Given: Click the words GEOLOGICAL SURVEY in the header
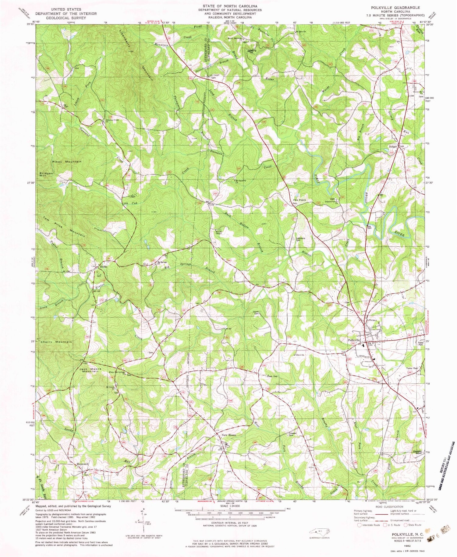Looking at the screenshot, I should pos(66,18).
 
